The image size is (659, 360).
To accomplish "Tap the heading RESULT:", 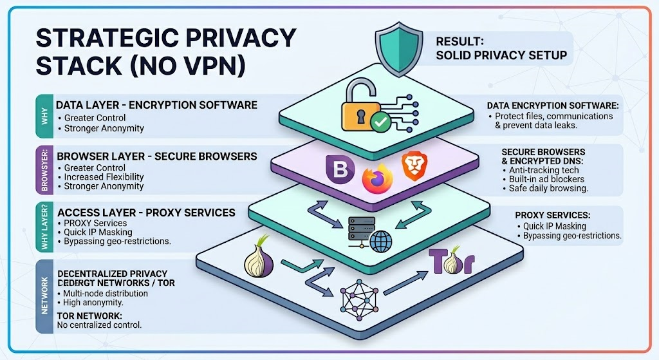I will (461, 42).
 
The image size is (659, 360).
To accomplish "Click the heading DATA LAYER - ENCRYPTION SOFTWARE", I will (156, 105).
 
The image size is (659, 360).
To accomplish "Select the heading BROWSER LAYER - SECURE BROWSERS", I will (157, 156).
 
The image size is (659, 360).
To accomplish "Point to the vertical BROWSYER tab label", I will (44, 170).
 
